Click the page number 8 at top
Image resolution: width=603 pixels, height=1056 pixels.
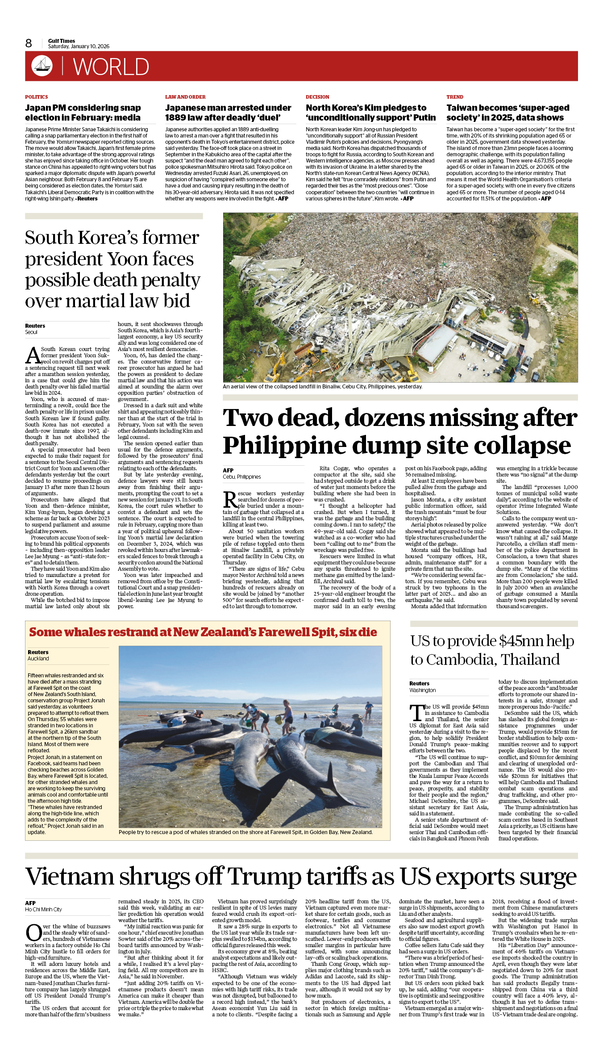29,43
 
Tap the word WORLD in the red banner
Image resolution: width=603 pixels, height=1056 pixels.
111,67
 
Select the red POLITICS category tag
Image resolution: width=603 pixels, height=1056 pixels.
36,97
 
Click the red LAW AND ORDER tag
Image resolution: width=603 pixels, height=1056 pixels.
185,97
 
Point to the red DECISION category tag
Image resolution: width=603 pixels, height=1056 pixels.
317,97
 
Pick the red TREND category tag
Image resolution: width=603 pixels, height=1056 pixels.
455,97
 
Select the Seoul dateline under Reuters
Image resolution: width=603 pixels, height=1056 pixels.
31,332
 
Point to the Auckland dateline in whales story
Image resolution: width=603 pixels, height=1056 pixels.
38,659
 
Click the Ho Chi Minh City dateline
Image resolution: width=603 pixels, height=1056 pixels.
43,910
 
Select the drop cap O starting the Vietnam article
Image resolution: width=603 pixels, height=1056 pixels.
33,933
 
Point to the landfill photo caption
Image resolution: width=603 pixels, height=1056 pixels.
322,387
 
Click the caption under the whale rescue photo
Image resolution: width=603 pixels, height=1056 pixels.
245,832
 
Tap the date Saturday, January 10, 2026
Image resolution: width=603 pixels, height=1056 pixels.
79,46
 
